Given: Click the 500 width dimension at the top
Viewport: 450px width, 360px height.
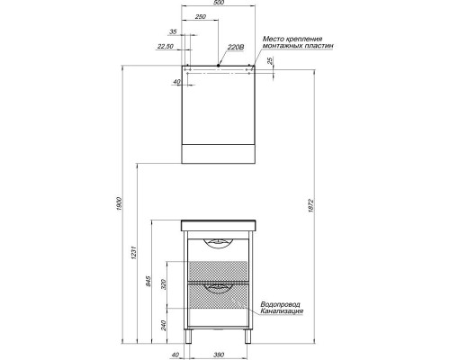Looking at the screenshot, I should pyautogui.click(x=219, y=4).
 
